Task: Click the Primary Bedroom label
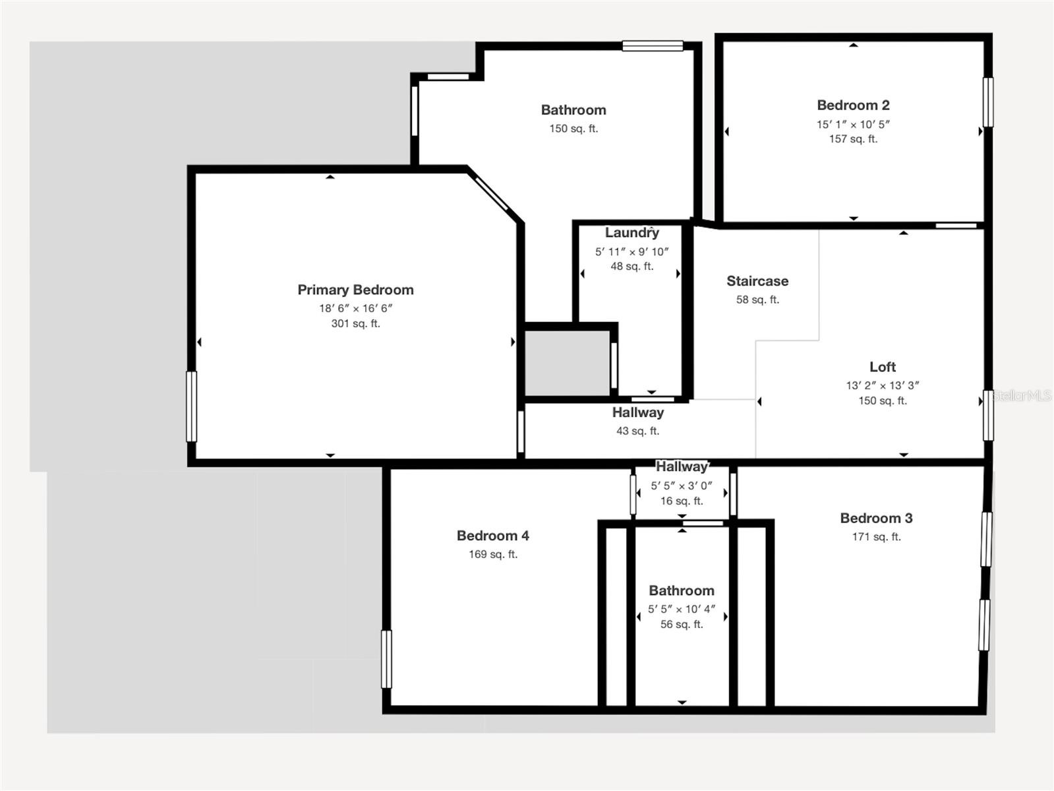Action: (355, 290)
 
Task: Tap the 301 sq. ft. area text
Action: (355, 323)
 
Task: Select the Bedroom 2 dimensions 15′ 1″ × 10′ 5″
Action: (853, 124)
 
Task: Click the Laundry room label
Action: (631, 233)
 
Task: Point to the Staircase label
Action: (757, 281)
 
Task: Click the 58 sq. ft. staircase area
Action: (757, 300)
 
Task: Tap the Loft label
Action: (882, 367)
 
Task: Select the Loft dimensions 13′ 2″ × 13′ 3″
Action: (882, 385)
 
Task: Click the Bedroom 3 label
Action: (876, 518)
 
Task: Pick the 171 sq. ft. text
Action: (876, 536)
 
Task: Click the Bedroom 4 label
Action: (492, 536)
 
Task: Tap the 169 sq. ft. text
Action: (492, 554)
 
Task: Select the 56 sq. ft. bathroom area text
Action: (682, 624)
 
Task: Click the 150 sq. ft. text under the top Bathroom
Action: (573, 129)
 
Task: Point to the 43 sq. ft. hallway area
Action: (637, 431)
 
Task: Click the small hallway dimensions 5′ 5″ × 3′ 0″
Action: (682, 486)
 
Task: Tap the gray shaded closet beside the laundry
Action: (567, 364)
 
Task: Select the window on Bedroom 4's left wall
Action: (386, 659)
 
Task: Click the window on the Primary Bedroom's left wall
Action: (192, 406)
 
